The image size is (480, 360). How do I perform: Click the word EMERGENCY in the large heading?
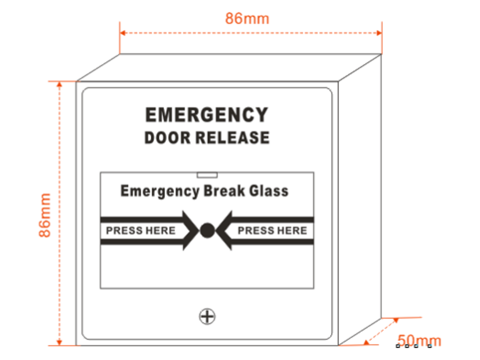tap(207, 115)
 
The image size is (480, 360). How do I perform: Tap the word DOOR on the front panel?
tap(168, 138)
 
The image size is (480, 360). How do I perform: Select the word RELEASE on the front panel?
tap(233, 138)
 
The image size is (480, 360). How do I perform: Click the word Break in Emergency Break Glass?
tap(224, 191)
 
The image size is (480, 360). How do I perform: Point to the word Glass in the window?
tap(269, 191)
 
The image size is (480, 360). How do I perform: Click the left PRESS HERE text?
tap(141, 231)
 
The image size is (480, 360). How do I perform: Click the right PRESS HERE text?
tap(272, 231)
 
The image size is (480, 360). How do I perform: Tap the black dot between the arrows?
tap(207, 231)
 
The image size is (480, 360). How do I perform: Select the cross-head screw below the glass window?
tap(207, 316)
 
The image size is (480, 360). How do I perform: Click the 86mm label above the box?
tap(247, 18)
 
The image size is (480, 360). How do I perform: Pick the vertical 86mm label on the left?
tap(45, 215)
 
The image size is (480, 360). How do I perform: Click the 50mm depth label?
tap(419, 340)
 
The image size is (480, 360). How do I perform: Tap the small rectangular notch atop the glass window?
tap(207, 175)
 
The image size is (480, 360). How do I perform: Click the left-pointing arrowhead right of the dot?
tap(224, 231)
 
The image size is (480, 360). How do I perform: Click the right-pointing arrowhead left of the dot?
tap(191, 231)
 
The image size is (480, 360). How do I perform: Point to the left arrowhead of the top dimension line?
tap(123, 33)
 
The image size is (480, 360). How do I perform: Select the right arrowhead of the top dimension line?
tap(379, 33)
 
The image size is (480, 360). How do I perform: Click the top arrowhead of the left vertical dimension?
tap(59, 84)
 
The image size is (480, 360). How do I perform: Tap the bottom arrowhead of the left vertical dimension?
tap(59, 342)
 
